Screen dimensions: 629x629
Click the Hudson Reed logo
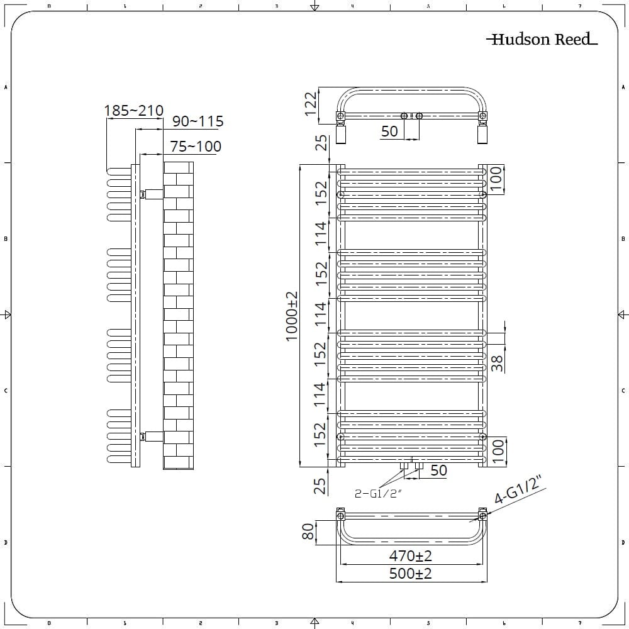pyautogui.click(x=542, y=39)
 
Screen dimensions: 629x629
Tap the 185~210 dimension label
pyautogui.click(x=133, y=110)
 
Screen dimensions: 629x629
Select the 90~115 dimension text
pyautogui.click(x=198, y=121)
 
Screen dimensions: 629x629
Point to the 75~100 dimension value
pyautogui.click(x=196, y=147)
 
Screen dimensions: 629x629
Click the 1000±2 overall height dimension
pyautogui.click(x=292, y=316)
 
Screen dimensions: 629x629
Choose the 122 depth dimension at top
pyautogui.click(x=311, y=104)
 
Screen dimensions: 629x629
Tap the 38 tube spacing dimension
pyautogui.click(x=497, y=363)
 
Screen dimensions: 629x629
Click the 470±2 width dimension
pyautogui.click(x=410, y=555)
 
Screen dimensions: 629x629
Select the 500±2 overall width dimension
pyautogui.click(x=410, y=573)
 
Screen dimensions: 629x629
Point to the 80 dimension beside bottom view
pyautogui.click(x=308, y=532)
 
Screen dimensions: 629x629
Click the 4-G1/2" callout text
pyautogui.click(x=520, y=490)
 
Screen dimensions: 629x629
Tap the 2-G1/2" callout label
pyautogui.click(x=378, y=493)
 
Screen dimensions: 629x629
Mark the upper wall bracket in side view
pyautogui.click(x=152, y=194)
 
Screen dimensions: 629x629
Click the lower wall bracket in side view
pyautogui.click(x=152, y=437)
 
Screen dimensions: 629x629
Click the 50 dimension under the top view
pyautogui.click(x=389, y=131)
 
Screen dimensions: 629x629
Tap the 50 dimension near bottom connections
pyautogui.click(x=438, y=470)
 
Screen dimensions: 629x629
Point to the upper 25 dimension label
pyautogui.click(x=321, y=143)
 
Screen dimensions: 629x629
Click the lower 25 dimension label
pyautogui.click(x=320, y=486)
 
